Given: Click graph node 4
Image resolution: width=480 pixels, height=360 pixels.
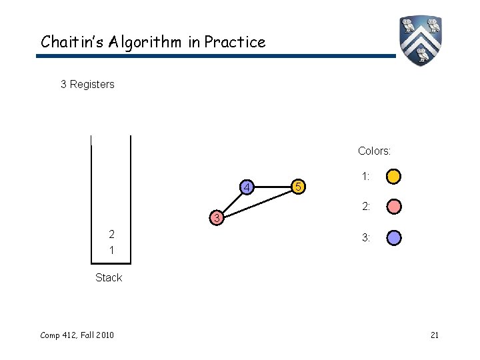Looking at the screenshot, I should [x=247, y=187].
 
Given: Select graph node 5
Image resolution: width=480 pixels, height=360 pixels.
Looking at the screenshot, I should [x=300, y=187].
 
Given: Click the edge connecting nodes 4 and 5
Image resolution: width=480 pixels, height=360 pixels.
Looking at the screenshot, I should [x=273, y=187].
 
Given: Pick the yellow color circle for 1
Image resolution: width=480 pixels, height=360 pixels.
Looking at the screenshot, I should [x=394, y=177].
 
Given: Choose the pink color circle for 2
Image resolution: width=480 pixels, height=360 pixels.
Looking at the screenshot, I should [x=394, y=207].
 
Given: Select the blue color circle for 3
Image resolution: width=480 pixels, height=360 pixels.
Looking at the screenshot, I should [x=394, y=237].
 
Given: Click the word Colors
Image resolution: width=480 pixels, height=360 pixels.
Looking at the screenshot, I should [x=374, y=151].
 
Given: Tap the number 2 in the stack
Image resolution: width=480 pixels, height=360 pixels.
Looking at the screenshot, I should [x=111, y=234].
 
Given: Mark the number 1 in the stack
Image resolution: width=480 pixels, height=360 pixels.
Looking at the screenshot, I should [x=111, y=250].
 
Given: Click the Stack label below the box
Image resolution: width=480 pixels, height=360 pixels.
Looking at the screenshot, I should [x=109, y=277].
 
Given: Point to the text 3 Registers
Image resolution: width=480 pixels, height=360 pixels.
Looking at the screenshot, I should [x=87, y=85].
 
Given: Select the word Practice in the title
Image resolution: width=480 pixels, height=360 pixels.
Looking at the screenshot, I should [x=235, y=42].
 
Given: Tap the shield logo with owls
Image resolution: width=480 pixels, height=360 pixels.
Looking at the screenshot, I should [x=421, y=40].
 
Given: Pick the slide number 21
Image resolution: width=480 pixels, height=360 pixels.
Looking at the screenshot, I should [x=434, y=335].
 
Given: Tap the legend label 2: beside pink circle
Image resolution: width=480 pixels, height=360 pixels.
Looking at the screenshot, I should [x=366, y=207].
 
